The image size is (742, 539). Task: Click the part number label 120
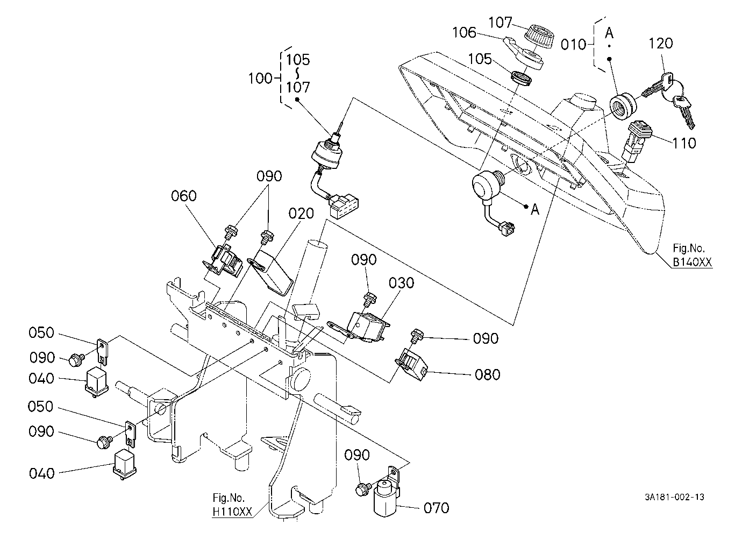pos(660,44)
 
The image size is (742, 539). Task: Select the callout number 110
pos(684,143)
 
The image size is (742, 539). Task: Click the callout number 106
pos(465,32)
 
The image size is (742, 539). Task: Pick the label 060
pos(184,196)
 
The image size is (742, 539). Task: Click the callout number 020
pos(301,214)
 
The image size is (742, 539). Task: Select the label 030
pos(402,283)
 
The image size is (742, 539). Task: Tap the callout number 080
pos(487,374)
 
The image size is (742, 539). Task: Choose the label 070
pos(436,508)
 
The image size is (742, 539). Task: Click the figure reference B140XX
pos(692,262)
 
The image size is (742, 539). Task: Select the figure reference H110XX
pos(232,512)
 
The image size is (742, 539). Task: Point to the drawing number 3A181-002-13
pos(674,497)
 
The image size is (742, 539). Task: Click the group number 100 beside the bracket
pos(260,79)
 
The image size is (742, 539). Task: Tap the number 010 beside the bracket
pos(573,45)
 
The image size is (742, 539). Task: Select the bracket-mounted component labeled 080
pos(412,364)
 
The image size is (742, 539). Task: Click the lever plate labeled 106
pos(524,53)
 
